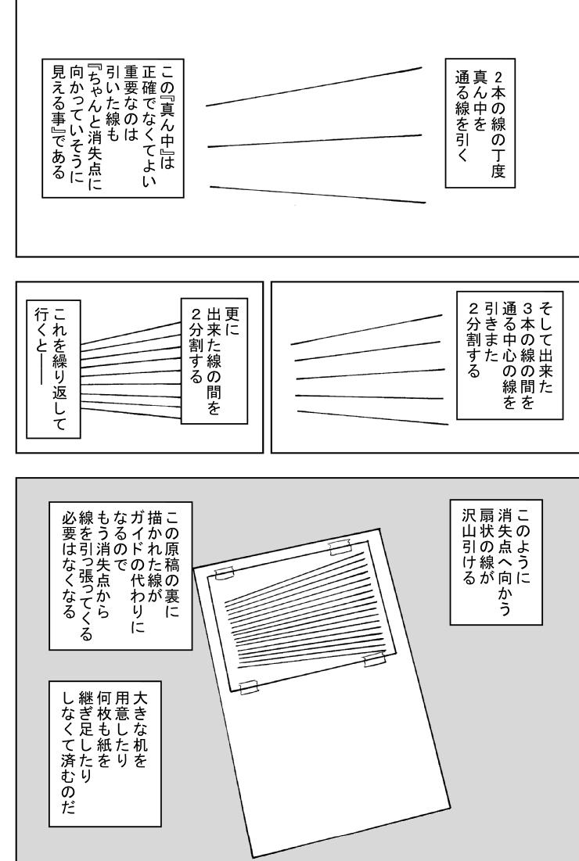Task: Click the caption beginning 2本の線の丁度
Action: pos(480,123)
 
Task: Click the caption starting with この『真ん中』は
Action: pos(113,128)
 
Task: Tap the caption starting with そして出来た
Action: pos(510,355)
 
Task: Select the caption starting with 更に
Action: pos(214,361)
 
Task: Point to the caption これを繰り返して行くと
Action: pos(53,369)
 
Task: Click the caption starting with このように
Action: pos(496,561)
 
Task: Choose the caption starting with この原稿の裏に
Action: pos(120,576)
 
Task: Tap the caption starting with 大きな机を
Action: pos(104,753)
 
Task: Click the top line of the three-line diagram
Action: pos(314,86)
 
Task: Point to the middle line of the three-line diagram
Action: pos(315,141)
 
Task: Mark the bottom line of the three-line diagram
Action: pos(318,195)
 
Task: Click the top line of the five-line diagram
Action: pos(366,329)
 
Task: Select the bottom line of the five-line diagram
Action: pos(372,418)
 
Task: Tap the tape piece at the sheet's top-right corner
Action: pos(340,547)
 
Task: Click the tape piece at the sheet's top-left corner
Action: pos(224,573)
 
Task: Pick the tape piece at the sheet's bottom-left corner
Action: pos(249,687)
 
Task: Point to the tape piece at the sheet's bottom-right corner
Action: pos(375,659)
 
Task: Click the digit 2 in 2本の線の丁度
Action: pos(498,76)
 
